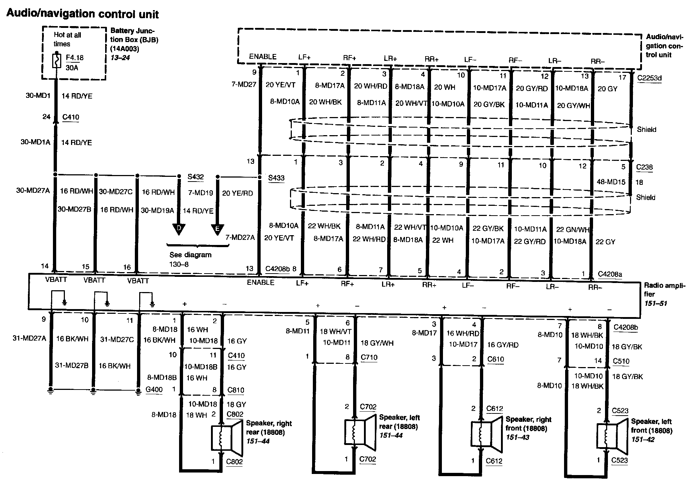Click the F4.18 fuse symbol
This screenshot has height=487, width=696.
coord(57,61)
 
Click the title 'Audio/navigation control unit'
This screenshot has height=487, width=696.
coord(83,14)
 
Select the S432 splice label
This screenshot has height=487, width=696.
coord(195,177)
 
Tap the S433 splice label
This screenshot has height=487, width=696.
coord(276,178)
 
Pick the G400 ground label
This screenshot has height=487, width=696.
coord(154,390)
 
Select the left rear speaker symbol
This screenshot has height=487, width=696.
coord(360,432)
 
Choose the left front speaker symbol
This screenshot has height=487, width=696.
coord(612,436)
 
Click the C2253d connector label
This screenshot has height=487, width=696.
coord(649,78)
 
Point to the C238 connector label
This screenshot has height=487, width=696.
coord(644,167)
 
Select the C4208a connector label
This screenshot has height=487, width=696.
coord(610,274)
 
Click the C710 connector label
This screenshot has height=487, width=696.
coord(369,357)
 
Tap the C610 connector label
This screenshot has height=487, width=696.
coord(495,359)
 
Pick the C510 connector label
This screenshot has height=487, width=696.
coord(621,361)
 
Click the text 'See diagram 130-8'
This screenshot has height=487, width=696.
coord(190,259)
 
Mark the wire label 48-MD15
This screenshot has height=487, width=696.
coord(611,182)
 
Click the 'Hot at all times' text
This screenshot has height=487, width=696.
coord(67,39)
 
